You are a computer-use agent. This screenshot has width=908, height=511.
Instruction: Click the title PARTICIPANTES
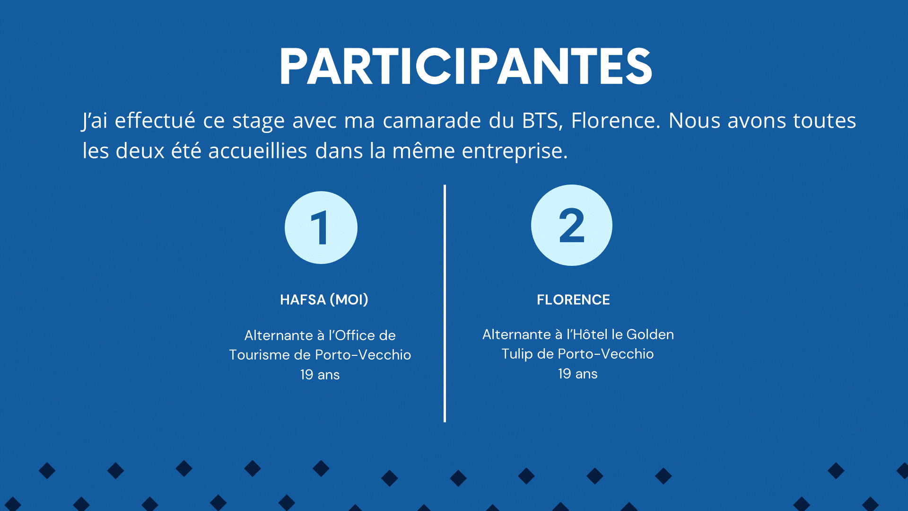pyautogui.click(x=466, y=66)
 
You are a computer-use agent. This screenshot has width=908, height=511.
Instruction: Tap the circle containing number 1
pyautogui.click(x=321, y=228)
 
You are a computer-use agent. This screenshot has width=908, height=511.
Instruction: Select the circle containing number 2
pyautogui.click(x=572, y=225)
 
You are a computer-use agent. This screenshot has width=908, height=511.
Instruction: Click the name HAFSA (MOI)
pyautogui.click(x=324, y=300)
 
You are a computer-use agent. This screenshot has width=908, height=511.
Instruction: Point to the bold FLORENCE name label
pyautogui.click(x=573, y=300)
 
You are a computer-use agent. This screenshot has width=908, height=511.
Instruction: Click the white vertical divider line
pyautogui.click(x=445, y=303)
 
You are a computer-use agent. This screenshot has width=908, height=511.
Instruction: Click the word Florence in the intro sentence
pyautogui.click(x=615, y=120)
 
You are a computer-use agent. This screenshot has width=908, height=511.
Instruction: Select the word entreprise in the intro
pyautogui.click(x=515, y=151)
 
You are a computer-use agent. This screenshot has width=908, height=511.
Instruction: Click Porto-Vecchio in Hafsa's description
pyautogui.click(x=363, y=355)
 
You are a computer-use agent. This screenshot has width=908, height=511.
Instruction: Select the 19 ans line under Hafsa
pyautogui.click(x=320, y=375)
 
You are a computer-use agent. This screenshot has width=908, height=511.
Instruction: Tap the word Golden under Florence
pyautogui.click(x=650, y=335)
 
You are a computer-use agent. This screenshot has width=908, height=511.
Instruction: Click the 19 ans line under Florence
pyautogui.click(x=578, y=374)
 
